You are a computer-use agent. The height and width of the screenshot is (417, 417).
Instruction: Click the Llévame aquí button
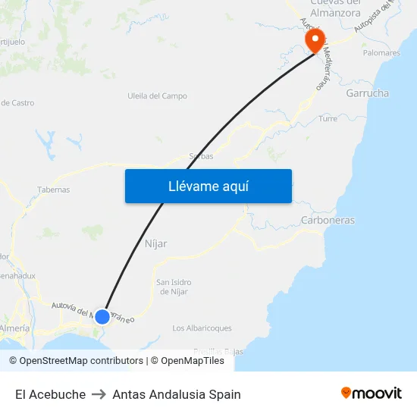pos(208,187)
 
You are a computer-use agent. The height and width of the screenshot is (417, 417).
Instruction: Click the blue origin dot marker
pos(102,316)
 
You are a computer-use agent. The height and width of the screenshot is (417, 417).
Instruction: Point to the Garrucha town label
pos(367,93)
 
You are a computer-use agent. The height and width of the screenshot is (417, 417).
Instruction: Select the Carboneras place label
pos(328,220)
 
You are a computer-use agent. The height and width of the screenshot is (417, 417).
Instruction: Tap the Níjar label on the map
pos(155,243)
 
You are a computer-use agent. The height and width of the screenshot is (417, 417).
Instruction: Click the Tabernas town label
pos(53,190)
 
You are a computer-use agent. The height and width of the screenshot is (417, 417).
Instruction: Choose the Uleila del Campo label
pos(158,96)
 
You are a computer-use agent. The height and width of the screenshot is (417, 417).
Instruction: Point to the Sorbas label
pos(200,156)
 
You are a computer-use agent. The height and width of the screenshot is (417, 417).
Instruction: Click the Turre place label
pos(328,119)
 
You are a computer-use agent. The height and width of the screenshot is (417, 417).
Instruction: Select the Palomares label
pos(381,53)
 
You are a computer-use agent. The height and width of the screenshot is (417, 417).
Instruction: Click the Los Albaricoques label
pos(202,328)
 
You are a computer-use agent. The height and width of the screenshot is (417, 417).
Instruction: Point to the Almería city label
pos(14,328)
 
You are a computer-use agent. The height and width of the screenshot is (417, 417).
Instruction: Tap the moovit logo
pos(372,393)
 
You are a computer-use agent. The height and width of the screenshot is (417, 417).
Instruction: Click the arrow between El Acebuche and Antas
pos(99,394)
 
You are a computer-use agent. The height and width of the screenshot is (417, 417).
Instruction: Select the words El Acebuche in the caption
pos(50,394)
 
